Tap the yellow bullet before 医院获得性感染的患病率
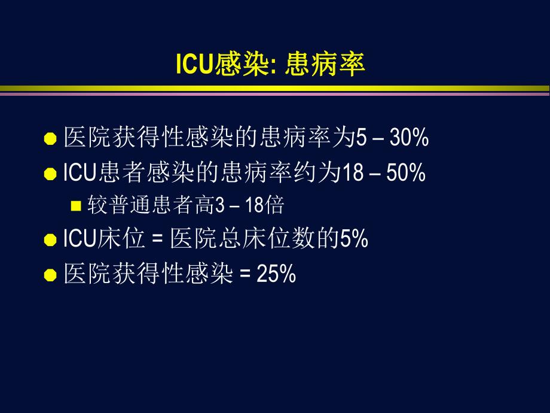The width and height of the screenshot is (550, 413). (x=51, y=139)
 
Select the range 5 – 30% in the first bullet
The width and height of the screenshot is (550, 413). (x=392, y=138)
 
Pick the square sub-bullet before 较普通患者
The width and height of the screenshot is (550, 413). (x=75, y=206)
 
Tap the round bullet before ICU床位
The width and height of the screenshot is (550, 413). (x=51, y=241)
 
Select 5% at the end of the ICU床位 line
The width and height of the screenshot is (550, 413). (x=354, y=239)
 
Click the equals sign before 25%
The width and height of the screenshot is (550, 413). (x=244, y=275)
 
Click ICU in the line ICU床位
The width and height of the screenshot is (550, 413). (x=75, y=239)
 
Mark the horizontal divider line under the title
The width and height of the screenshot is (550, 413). (x=275, y=90)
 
